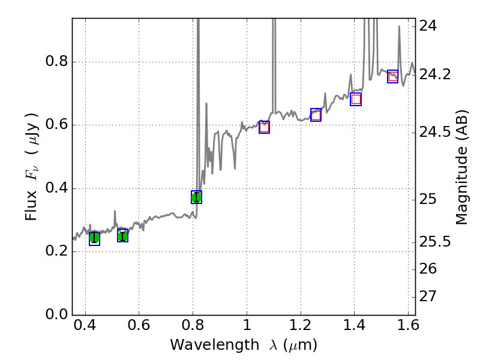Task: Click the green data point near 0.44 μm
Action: pos(94,238)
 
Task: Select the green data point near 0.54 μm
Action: pos(122,236)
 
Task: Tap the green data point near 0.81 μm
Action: pos(196,197)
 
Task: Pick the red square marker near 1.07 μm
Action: pos(264,127)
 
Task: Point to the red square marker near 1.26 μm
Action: pos(316,115)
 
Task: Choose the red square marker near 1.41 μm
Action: pos(356,100)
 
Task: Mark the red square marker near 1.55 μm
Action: pos(393,76)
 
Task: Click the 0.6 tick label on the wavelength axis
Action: pos(139,327)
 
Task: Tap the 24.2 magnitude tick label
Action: pos(436,74)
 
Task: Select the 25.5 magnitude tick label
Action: pos(436,242)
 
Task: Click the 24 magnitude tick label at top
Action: pos(428,26)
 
